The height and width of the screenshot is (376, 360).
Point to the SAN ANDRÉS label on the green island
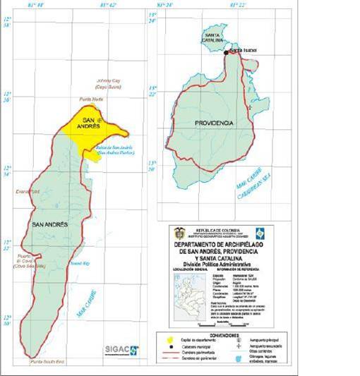click(49, 224)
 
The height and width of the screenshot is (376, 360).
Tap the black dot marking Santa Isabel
click(227, 52)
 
